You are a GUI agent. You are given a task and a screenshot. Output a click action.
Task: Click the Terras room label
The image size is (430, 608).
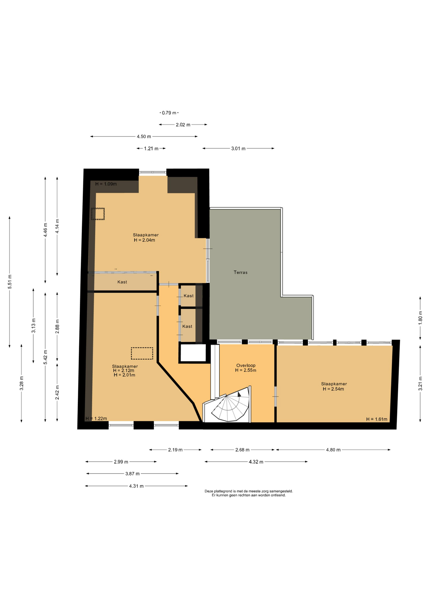click(241, 272)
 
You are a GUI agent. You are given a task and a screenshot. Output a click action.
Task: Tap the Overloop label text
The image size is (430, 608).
click(246, 365)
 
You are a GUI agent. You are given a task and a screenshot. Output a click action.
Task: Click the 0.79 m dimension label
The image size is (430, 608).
click(169, 113)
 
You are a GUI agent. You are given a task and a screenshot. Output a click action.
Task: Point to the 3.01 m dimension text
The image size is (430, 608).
click(238, 149)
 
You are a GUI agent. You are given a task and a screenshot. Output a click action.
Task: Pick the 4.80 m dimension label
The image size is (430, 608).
click(333, 450)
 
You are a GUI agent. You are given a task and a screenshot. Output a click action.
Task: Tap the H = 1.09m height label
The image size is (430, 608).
click(106, 184)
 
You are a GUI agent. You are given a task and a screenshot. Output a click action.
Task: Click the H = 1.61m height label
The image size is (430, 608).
click(377, 419)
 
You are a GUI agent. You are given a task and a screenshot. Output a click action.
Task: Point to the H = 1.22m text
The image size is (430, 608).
click(96, 419)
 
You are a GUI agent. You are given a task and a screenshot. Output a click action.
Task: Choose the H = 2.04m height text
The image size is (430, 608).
click(144, 240)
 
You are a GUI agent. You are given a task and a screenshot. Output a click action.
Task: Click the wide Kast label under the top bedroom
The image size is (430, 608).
click(122, 282)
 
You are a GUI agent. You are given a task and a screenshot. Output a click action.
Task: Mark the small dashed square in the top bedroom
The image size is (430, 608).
click(98, 214)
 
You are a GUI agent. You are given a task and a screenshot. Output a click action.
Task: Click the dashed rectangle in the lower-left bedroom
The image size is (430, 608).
click(142, 353)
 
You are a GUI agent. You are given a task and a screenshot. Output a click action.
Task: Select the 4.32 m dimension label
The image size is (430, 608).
click(256, 462)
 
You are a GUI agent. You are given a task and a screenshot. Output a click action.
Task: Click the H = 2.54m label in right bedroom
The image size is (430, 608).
click(333, 389)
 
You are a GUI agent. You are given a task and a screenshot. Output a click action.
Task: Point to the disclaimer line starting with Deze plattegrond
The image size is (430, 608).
click(249, 491)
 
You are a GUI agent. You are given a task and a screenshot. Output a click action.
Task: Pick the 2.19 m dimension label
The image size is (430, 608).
click(175, 450)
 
